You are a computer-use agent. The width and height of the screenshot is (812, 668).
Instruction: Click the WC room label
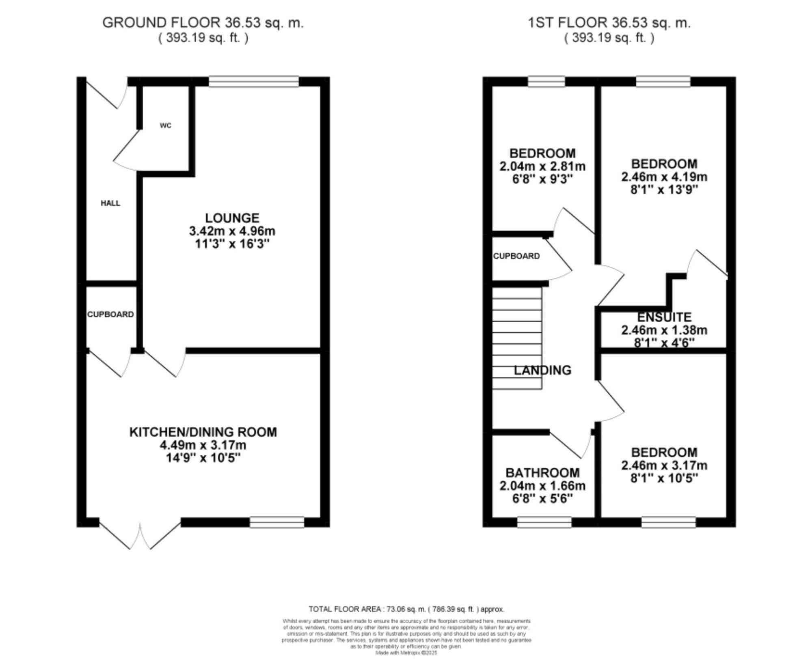pos(165,125)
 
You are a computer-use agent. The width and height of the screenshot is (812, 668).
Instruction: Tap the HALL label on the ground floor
pos(110,203)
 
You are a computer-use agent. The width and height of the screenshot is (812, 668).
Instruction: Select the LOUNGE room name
pos(232,218)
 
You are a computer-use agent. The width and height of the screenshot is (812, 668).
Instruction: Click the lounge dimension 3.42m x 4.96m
pos(232,231)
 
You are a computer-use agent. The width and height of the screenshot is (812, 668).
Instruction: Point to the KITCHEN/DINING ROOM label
pos(203,432)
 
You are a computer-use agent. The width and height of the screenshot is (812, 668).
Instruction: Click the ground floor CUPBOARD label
pos(110,314)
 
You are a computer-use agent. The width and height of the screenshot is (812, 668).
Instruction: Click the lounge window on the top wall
pos(254,82)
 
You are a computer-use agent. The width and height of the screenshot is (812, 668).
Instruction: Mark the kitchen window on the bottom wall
pos(277,522)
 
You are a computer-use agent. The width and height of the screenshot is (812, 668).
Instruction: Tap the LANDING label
pos(542,370)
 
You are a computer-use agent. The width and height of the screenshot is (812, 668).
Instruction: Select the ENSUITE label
pos(664,317)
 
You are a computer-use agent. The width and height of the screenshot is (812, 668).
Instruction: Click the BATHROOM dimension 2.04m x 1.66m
pos(542,486)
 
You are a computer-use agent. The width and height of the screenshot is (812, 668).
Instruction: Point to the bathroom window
pos(544,522)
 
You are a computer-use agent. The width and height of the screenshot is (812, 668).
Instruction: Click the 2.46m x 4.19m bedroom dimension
pos(664,177)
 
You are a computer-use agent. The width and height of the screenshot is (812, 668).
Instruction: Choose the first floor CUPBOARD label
pos(516,256)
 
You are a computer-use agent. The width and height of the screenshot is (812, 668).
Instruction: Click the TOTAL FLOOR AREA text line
pos(406,609)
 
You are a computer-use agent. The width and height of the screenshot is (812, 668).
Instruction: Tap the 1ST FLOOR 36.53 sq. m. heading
pos(609,23)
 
